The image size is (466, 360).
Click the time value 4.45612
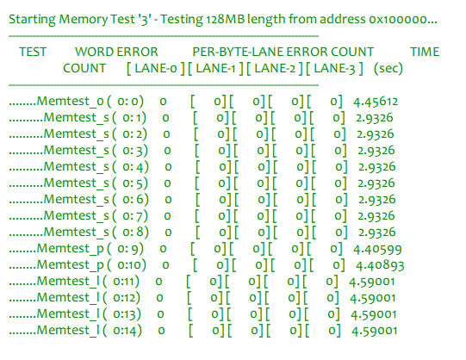376,102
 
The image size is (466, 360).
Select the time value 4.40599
377,249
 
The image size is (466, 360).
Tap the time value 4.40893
380,265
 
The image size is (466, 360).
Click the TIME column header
425,52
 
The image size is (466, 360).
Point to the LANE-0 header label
155,68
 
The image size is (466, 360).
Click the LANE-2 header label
275,68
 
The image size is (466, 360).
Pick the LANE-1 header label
215,68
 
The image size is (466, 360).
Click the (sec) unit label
388,68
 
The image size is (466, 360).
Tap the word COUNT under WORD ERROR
84,68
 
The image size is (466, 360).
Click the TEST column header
33,52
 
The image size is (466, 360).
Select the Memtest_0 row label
70,102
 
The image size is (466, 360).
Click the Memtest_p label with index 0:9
70,249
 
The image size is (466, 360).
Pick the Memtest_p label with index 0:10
70,265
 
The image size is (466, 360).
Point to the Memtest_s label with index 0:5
77,183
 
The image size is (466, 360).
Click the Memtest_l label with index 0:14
68,331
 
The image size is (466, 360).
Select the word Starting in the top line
32,20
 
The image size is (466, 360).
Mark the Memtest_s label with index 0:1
77,118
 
